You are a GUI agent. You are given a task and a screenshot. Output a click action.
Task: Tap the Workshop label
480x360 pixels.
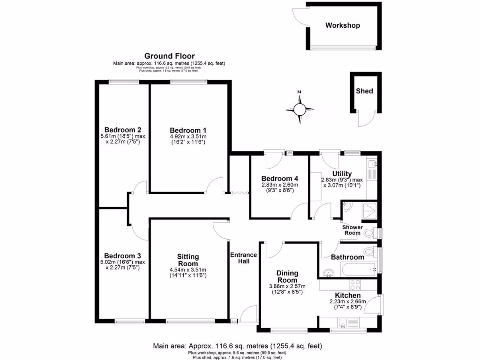pyautogui.click(x=343, y=25)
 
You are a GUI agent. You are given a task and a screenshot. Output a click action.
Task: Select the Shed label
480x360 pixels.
pyautogui.click(x=364, y=90)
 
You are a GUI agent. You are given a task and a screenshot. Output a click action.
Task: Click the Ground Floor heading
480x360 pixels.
pyautogui.click(x=169, y=56)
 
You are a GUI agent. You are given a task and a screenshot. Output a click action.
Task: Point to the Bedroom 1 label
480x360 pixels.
pyautogui.click(x=187, y=130)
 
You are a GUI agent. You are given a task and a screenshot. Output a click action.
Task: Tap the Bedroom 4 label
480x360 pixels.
pyautogui.click(x=279, y=179)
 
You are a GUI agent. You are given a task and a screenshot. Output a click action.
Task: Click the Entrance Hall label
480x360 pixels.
pyautogui.click(x=243, y=258)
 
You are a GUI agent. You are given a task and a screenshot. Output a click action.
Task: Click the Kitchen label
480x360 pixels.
pyautogui.click(x=347, y=295)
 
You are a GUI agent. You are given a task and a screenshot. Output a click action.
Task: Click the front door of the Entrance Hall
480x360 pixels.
pyautogui.click(x=248, y=315)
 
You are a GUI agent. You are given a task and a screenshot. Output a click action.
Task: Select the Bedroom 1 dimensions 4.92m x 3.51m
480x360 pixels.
pyautogui.click(x=187, y=139)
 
